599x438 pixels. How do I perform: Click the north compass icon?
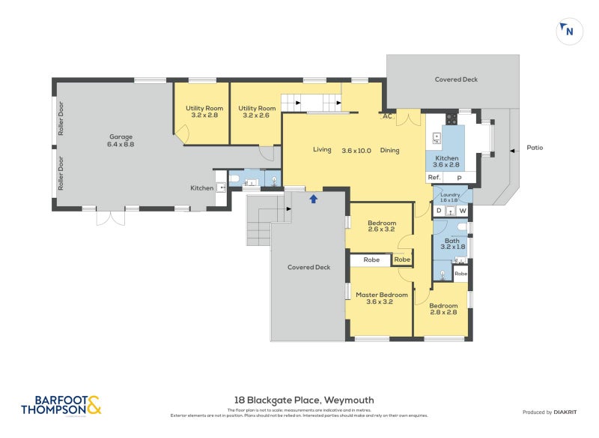[x=568, y=31]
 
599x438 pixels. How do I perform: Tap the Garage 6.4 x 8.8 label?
[x=121, y=140]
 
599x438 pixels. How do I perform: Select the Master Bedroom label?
[x=382, y=299]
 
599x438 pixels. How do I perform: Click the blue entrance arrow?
[x=313, y=199]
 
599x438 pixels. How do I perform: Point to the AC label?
[x=387, y=116]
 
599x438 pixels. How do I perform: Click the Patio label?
[x=535, y=148]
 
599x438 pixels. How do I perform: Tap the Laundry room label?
[x=451, y=196]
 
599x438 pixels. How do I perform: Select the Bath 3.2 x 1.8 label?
[x=452, y=243]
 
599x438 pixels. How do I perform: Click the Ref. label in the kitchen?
[x=434, y=177]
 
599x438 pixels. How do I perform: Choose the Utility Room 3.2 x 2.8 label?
[x=204, y=112]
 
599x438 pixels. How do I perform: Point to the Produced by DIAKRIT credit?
[x=553, y=412]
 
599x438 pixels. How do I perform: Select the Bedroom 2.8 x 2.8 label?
[x=443, y=309]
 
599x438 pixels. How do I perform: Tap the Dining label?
[x=389, y=150]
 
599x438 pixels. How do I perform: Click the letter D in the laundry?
[x=439, y=211]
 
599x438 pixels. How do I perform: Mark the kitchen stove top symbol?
[x=451, y=118]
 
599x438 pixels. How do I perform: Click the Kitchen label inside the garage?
[x=201, y=187]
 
